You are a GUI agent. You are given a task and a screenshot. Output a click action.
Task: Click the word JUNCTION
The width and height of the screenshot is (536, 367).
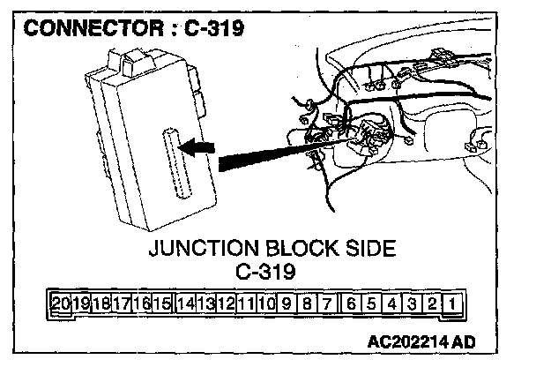coord(205,250)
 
